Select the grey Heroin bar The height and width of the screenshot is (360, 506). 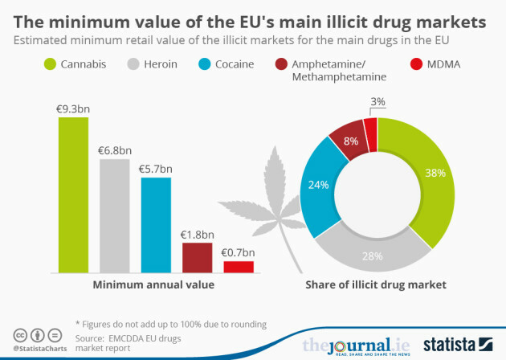(x=114, y=215)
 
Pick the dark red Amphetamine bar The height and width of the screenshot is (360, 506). (x=197, y=257)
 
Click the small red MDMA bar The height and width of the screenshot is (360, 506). (x=239, y=267)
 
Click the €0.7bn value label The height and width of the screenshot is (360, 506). (x=239, y=252)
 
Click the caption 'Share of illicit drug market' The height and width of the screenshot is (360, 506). (x=375, y=284)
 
